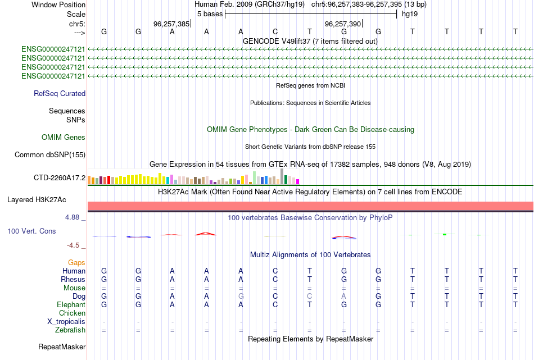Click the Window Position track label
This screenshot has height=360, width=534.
point(58,4)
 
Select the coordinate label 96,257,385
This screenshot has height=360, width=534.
point(171,24)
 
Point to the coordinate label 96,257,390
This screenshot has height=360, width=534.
point(343,24)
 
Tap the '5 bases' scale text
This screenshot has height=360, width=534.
point(210,14)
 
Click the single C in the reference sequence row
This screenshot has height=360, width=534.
point(275,31)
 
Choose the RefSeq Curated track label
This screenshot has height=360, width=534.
point(60,94)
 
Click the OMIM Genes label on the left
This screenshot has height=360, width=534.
point(64,137)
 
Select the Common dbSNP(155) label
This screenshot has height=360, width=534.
point(50,155)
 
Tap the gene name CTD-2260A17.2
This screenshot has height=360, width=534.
point(60,177)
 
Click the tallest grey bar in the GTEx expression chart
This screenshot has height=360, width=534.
point(282,176)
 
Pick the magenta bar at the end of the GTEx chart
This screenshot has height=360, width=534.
point(298,182)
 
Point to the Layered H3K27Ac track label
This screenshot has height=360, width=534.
point(37,200)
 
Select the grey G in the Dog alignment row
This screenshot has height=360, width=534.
point(241,297)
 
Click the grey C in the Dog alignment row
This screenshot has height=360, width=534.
point(310,297)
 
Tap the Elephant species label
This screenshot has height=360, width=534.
point(71,304)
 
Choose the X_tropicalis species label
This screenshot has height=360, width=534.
point(66,322)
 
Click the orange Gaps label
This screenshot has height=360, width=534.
point(76,263)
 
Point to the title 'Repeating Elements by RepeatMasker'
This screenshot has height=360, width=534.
point(311,339)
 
